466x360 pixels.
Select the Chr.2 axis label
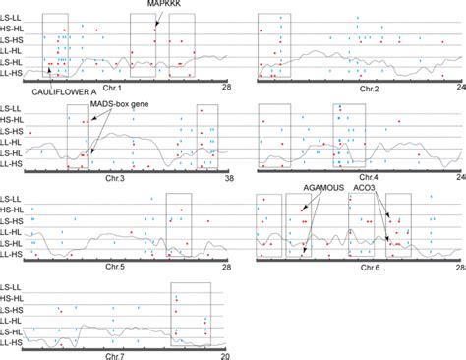(369, 90)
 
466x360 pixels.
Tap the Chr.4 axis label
(369, 178)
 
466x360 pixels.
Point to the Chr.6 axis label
(369, 267)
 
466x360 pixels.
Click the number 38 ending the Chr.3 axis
(228, 178)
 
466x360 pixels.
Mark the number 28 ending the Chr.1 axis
(227, 90)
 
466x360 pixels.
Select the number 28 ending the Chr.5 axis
(227, 267)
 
